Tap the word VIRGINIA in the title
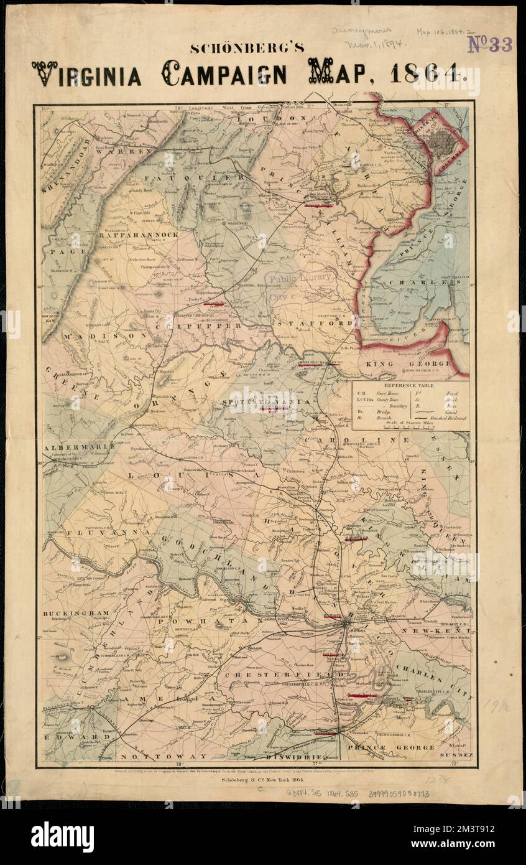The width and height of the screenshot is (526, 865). [86, 74]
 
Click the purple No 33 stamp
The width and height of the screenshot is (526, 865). [489, 44]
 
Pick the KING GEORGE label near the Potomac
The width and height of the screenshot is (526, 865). [407, 363]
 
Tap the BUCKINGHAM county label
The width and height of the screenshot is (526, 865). [68, 613]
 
